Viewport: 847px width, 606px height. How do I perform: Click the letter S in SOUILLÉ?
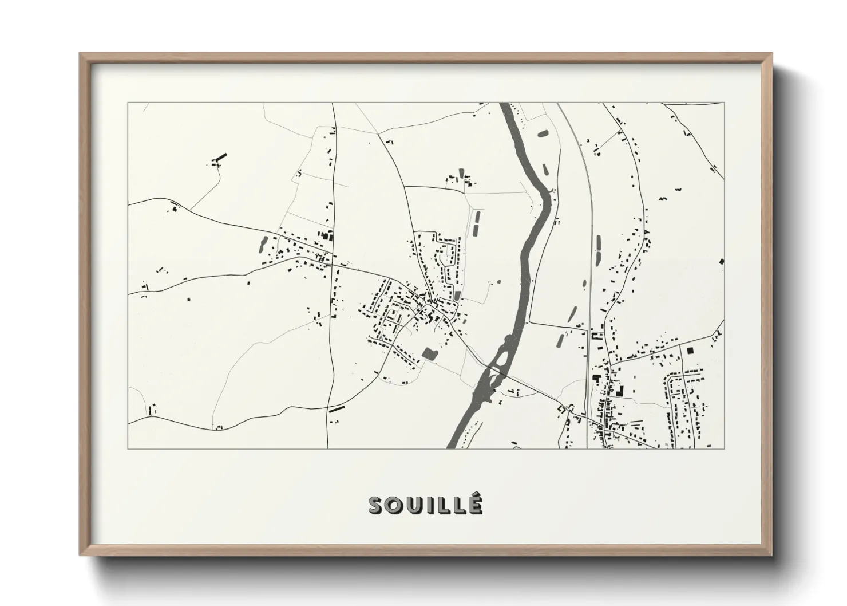(x=377, y=506)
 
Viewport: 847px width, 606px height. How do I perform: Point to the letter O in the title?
(x=395, y=506)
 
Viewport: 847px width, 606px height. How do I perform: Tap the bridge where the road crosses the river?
(x=496, y=371)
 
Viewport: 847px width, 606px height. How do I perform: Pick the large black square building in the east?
(x=690, y=349)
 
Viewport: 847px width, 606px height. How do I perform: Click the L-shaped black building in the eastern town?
(x=619, y=392)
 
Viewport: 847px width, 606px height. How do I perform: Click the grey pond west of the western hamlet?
(x=263, y=244)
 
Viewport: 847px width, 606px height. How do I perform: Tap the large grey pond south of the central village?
(x=429, y=354)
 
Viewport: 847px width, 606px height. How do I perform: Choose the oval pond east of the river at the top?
(x=542, y=135)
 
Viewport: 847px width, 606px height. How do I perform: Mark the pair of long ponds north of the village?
(x=476, y=223)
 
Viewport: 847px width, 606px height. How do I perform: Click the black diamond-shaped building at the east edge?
(x=721, y=262)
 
